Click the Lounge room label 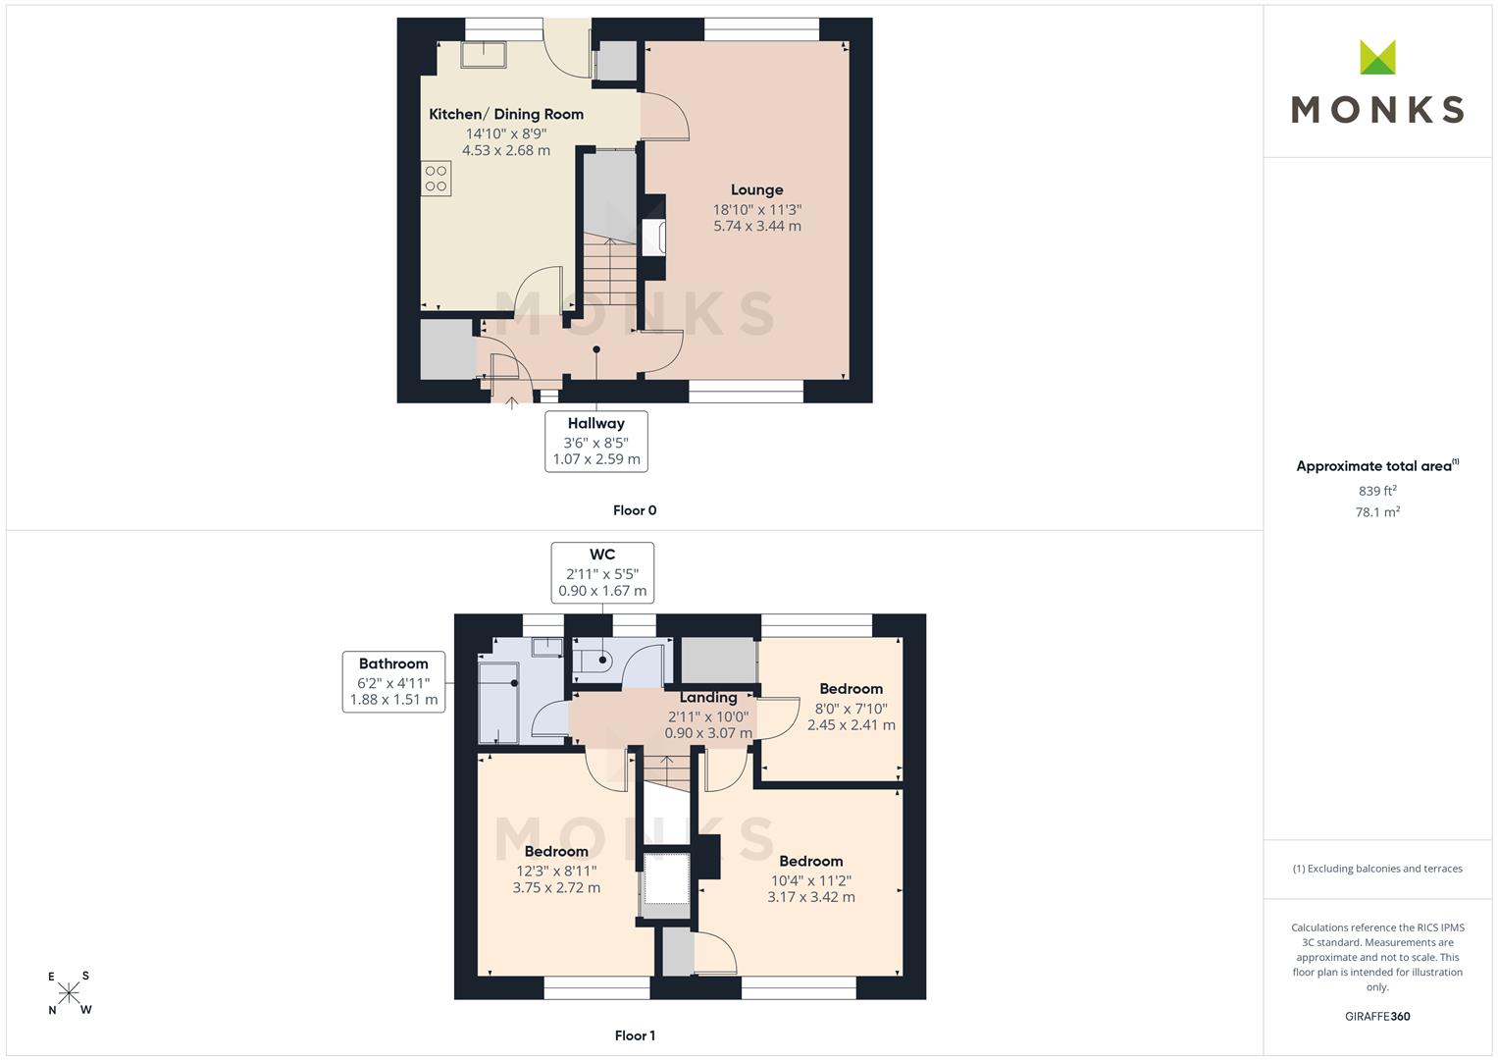click(756, 190)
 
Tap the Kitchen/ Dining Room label click(506, 115)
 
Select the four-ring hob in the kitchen click(436, 179)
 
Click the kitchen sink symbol click(483, 54)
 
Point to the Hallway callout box click(596, 442)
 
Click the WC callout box click(602, 573)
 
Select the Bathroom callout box click(394, 682)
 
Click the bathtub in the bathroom click(499, 703)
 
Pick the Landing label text click(708, 697)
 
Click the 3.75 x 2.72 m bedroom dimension click(556, 888)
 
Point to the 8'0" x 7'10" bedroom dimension click(852, 709)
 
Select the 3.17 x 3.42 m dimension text click(811, 897)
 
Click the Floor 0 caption click(635, 510)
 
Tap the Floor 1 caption click(635, 1035)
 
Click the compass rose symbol click(69, 993)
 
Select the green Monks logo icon click(1377, 57)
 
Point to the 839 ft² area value click(1377, 491)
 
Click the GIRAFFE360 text click(1377, 1017)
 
